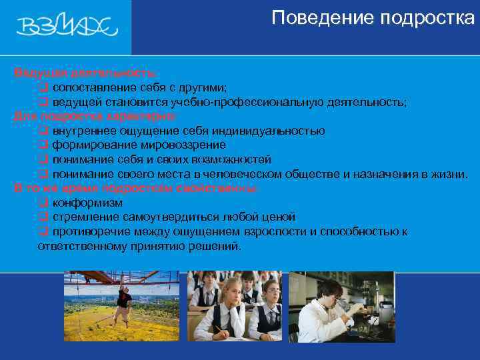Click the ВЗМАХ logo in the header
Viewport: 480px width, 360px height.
[x=67, y=27]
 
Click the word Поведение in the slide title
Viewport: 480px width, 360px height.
[x=314, y=17]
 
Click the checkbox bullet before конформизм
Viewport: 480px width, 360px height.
[x=42, y=203]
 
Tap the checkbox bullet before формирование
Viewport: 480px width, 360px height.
[x=42, y=145]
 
